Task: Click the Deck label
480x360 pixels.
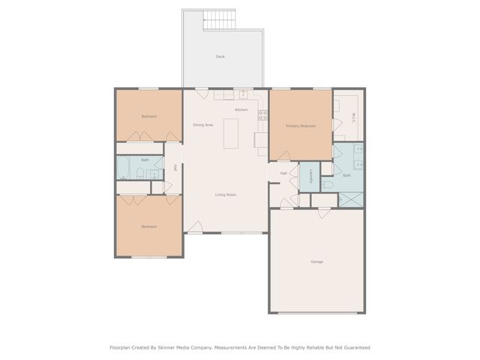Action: tap(220, 56)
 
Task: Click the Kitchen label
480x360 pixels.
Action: tap(241, 110)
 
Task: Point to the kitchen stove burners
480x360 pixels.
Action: tap(263, 115)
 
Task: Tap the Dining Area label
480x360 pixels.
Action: tap(204, 124)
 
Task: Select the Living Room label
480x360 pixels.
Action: tap(226, 195)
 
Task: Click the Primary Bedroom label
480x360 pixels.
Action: tap(301, 126)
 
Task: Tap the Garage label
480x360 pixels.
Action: tap(317, 262)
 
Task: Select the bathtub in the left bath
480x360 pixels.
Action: tap(125, 166)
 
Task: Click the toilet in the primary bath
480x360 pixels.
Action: tap(327, 184)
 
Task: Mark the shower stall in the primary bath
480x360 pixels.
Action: tap(351, 199)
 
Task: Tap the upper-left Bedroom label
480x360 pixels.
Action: tap(148, 116)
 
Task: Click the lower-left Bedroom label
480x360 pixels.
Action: tap(148, 226)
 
